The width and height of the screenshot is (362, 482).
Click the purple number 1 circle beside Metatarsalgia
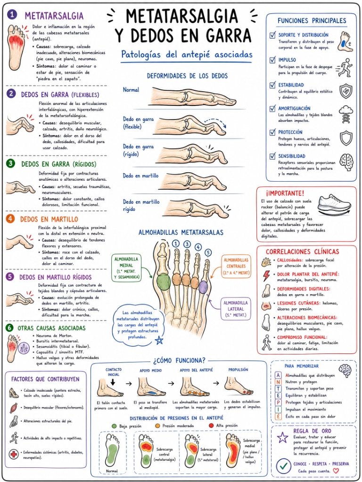[x=12, y=15]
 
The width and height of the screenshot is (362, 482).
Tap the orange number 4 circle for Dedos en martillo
[x=11, y=219]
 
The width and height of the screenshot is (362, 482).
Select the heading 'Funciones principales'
[x=312, y=21]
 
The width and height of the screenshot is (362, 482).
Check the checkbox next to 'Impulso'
[x=272, y=60]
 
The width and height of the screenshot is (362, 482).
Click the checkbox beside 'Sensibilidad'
[x=272, y=156]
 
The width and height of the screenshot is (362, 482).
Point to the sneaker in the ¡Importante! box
[x=335, y=205]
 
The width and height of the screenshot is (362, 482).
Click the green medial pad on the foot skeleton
[x=163, y=281]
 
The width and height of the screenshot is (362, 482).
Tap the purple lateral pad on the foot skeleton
[x=203, y=287]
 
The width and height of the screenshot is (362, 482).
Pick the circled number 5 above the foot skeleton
[x=208, y=253]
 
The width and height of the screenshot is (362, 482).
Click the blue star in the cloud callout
[x=159, y=340]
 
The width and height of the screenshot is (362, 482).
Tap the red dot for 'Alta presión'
[x=211, y=426]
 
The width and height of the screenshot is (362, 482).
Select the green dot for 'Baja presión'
[x=114, y=426]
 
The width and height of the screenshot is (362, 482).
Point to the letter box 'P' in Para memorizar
[x=278, y=402]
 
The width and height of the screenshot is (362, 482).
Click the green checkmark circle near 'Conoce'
[x=283, y=466]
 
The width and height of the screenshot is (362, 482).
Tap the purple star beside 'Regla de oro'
[x=282, y=437]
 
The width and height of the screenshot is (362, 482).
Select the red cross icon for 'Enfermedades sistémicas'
[x=14, y=454]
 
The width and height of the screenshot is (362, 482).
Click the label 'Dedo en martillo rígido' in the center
[x=141, y=206]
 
